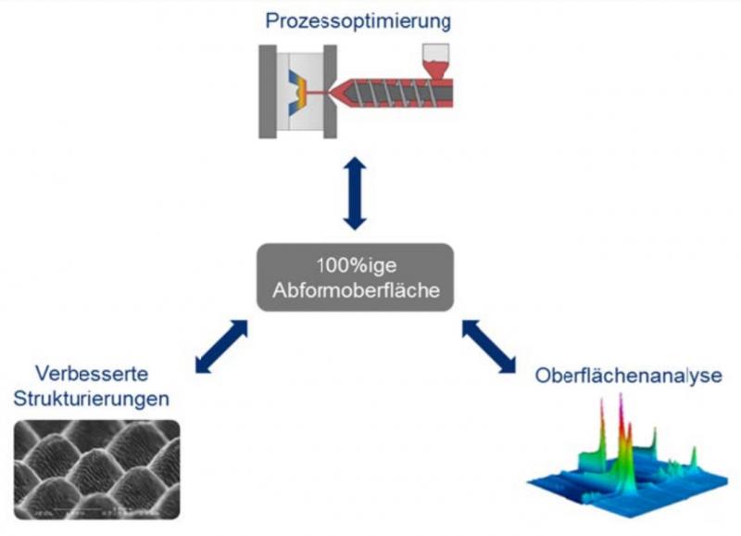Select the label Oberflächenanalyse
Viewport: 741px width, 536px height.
627,376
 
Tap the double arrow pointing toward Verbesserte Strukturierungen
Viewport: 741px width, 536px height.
222,348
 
